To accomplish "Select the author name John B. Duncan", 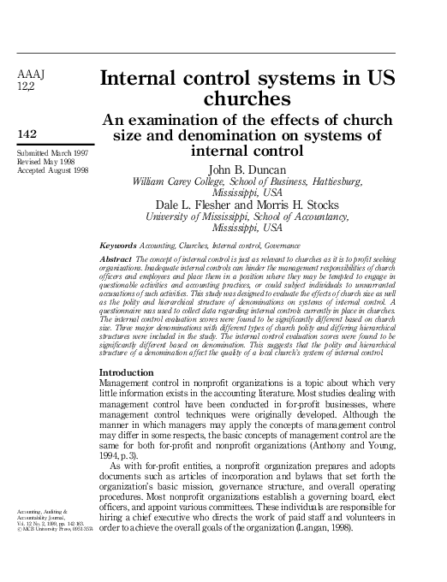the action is [247, 169].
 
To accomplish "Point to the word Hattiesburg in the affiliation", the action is [331, 182].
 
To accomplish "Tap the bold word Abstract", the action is [116, 258].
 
